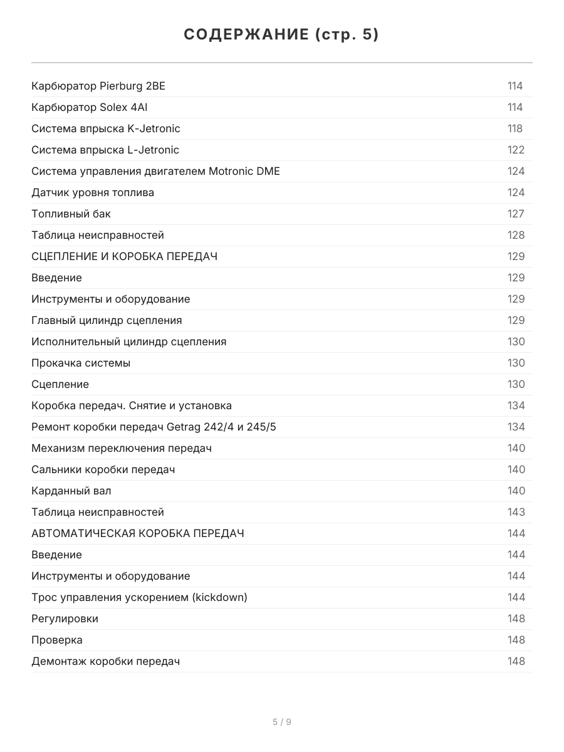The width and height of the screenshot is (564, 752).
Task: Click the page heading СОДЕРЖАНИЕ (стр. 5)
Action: pyautogui.click(x=281, y=34)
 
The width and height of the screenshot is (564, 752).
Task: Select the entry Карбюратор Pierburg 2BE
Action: pyautogui.click(x=98, y=86)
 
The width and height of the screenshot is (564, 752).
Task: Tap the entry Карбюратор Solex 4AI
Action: pyautogui.click(x=90, y=107)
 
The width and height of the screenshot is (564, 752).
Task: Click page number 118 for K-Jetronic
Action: pyautogui.click(x=514, y=128)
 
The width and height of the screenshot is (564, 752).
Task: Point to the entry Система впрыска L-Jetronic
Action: pyautogui.click(x=105, y=150)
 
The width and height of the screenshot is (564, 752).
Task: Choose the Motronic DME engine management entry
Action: pyautogui.click(x=155, y=171)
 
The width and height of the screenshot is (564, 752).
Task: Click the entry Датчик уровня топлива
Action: pyautogui.click(x=93, y=192)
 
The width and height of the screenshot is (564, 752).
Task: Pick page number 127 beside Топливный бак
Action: pyautogui.click(x=515, y=214)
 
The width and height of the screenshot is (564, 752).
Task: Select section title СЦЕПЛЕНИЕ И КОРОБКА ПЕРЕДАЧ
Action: pyautogui.click(x=125, y=256)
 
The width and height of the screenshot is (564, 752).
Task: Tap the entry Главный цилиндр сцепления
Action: pyautogui.click(x=107, y=320)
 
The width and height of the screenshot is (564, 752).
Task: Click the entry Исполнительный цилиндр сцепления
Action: pyautogui.click(x=129, y=342)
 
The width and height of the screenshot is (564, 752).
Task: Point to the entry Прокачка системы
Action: pyautogui.click(x=81, y=363)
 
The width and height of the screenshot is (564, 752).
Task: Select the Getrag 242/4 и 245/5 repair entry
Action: pyautogui.click(x=154, y=427)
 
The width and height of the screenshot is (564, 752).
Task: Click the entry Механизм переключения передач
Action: pyautogui.click(x=122, y=448)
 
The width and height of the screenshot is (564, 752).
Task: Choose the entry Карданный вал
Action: pyautogui.click(x=71, y=491)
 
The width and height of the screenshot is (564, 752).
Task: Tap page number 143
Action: pyautogui.click(x=516, y=512)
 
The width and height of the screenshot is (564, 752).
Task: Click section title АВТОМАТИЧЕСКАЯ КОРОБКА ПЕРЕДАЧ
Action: pyautogui.click(x=138, y=533)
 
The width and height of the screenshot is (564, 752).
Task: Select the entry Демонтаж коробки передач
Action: pyautogui.click(x=106, y=661)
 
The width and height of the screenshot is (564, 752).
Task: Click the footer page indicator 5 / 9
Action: pyautogui.click(x=282, y=722)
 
